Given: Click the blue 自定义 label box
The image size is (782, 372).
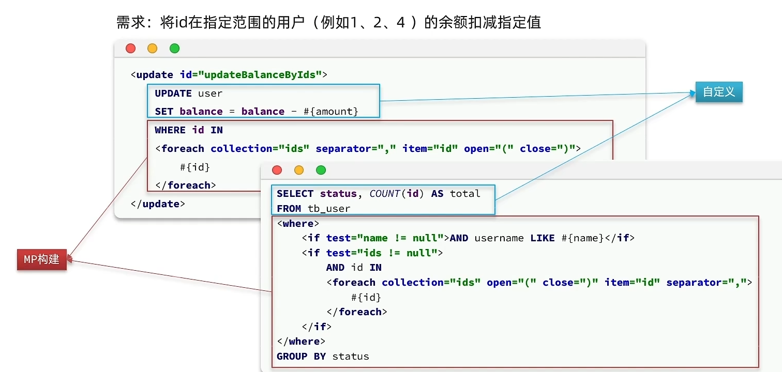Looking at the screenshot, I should pos(718,92).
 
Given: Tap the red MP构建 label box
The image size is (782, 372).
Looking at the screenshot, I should pos(42,259).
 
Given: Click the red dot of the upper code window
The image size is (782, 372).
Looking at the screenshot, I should pos(130,49).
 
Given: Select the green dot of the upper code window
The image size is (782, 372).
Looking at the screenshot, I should pos(174,49).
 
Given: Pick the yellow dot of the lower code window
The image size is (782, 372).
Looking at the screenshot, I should pos(299,170).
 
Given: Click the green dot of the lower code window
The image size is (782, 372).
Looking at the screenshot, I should pos(321,170).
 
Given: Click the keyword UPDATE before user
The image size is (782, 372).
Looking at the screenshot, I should pos(173,94).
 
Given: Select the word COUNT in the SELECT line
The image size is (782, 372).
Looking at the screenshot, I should pos(385,194).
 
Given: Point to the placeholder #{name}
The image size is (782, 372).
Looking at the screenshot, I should pos(582,238).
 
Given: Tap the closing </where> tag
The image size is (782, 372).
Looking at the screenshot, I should pos(301,342).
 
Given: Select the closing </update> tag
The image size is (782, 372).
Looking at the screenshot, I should pos(158,204).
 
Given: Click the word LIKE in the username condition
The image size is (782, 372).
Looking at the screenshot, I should pos(543,238).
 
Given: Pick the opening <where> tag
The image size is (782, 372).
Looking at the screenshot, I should pos(298,224).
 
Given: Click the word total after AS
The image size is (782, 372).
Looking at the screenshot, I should pos(465,194).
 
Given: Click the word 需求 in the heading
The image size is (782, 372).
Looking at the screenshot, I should pos(127,23).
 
